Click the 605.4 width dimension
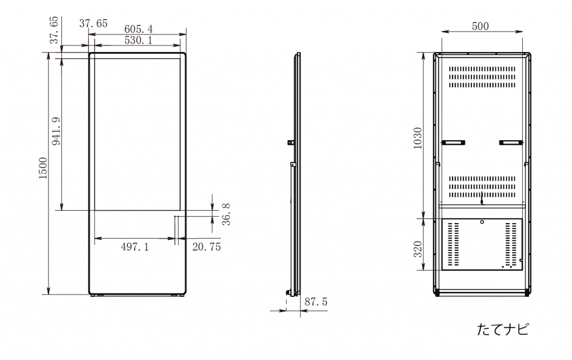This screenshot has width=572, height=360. [x=139, y=29]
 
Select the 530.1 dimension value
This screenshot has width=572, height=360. [x=139, y=40]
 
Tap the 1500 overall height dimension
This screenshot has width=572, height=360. [x=44, y=168]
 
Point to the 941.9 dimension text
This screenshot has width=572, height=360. [x=56, y=131]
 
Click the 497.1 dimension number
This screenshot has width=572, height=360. [x=135, y=247]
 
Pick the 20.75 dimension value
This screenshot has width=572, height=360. [x=207, y=247]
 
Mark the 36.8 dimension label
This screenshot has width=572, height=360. [x=226, y=214]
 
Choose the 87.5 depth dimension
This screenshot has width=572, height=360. [x=316, y=302]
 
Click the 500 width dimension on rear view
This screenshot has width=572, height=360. [x=480, y=26]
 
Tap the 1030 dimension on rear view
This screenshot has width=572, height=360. [x=418, y=138]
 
